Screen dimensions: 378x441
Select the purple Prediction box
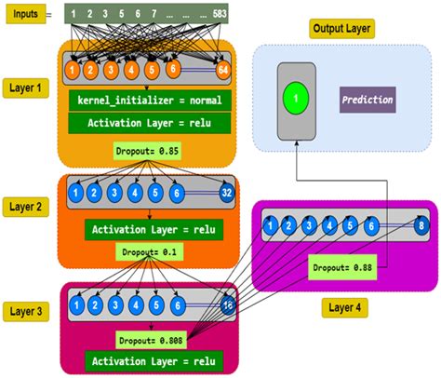pos(367,99)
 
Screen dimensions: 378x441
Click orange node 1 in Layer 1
pos(72,70)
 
